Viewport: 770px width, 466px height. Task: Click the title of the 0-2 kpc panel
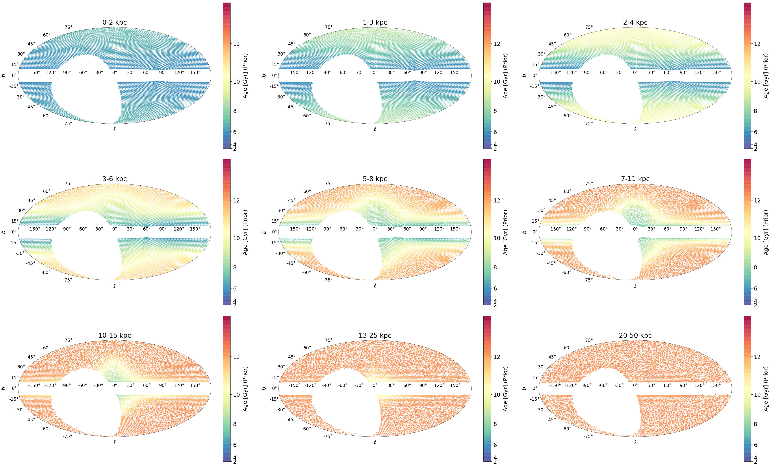click(x=114, y=22)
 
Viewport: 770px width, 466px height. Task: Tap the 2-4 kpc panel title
click(x=635, y=22)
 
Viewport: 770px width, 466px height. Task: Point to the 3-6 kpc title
click(x=114, y=179)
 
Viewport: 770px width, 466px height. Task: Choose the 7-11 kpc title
click(x=635, y=179)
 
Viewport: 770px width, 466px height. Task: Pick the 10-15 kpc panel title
click(x=114, y=335)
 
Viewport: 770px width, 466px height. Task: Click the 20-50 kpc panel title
click(x=635, y=335)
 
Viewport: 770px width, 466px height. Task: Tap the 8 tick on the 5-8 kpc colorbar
click(x=495, y=267)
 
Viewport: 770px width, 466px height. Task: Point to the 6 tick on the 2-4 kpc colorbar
click(x=756, y=132)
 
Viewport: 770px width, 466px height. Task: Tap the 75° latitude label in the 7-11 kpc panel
click(x=589, y=184)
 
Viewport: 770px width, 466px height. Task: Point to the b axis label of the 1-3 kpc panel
click(x=264, y=75)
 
